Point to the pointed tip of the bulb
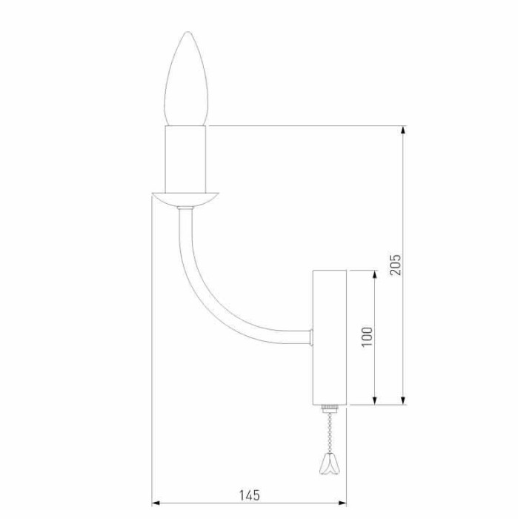point(187,33)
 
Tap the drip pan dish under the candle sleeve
point(186,198)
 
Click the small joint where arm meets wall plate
point(311,338)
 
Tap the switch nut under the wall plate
point(329,409)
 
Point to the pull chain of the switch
point(327,434)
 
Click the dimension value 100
point(368,335)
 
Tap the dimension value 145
point(250,494)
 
